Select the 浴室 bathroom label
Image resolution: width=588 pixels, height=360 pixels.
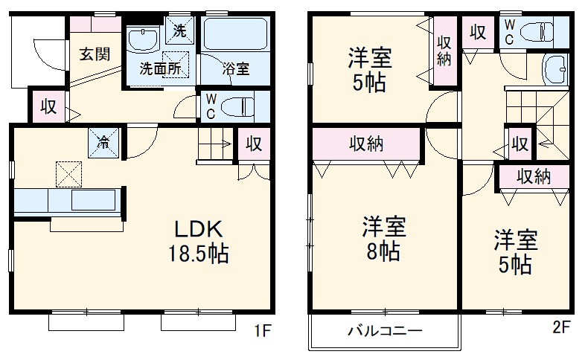click(x=237, y=68)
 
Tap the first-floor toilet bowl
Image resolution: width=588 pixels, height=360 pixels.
click(x=237, y=105)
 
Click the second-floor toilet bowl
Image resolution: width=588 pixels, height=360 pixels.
click(x=538, y=31)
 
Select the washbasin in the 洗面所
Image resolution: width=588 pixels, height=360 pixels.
click(x=141, y=38)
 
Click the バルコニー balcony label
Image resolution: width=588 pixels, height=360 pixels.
click(x=385, y=332)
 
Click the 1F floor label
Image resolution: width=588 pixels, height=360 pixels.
click(x=263, y=328)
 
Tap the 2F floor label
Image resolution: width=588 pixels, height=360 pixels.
click(x=560, y=326)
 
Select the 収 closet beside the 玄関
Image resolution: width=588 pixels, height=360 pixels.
click(x=48, y=106)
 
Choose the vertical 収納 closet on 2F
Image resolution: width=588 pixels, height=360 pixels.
click(x=444, y=51)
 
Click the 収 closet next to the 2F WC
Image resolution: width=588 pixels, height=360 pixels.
click(x=478, y=32)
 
